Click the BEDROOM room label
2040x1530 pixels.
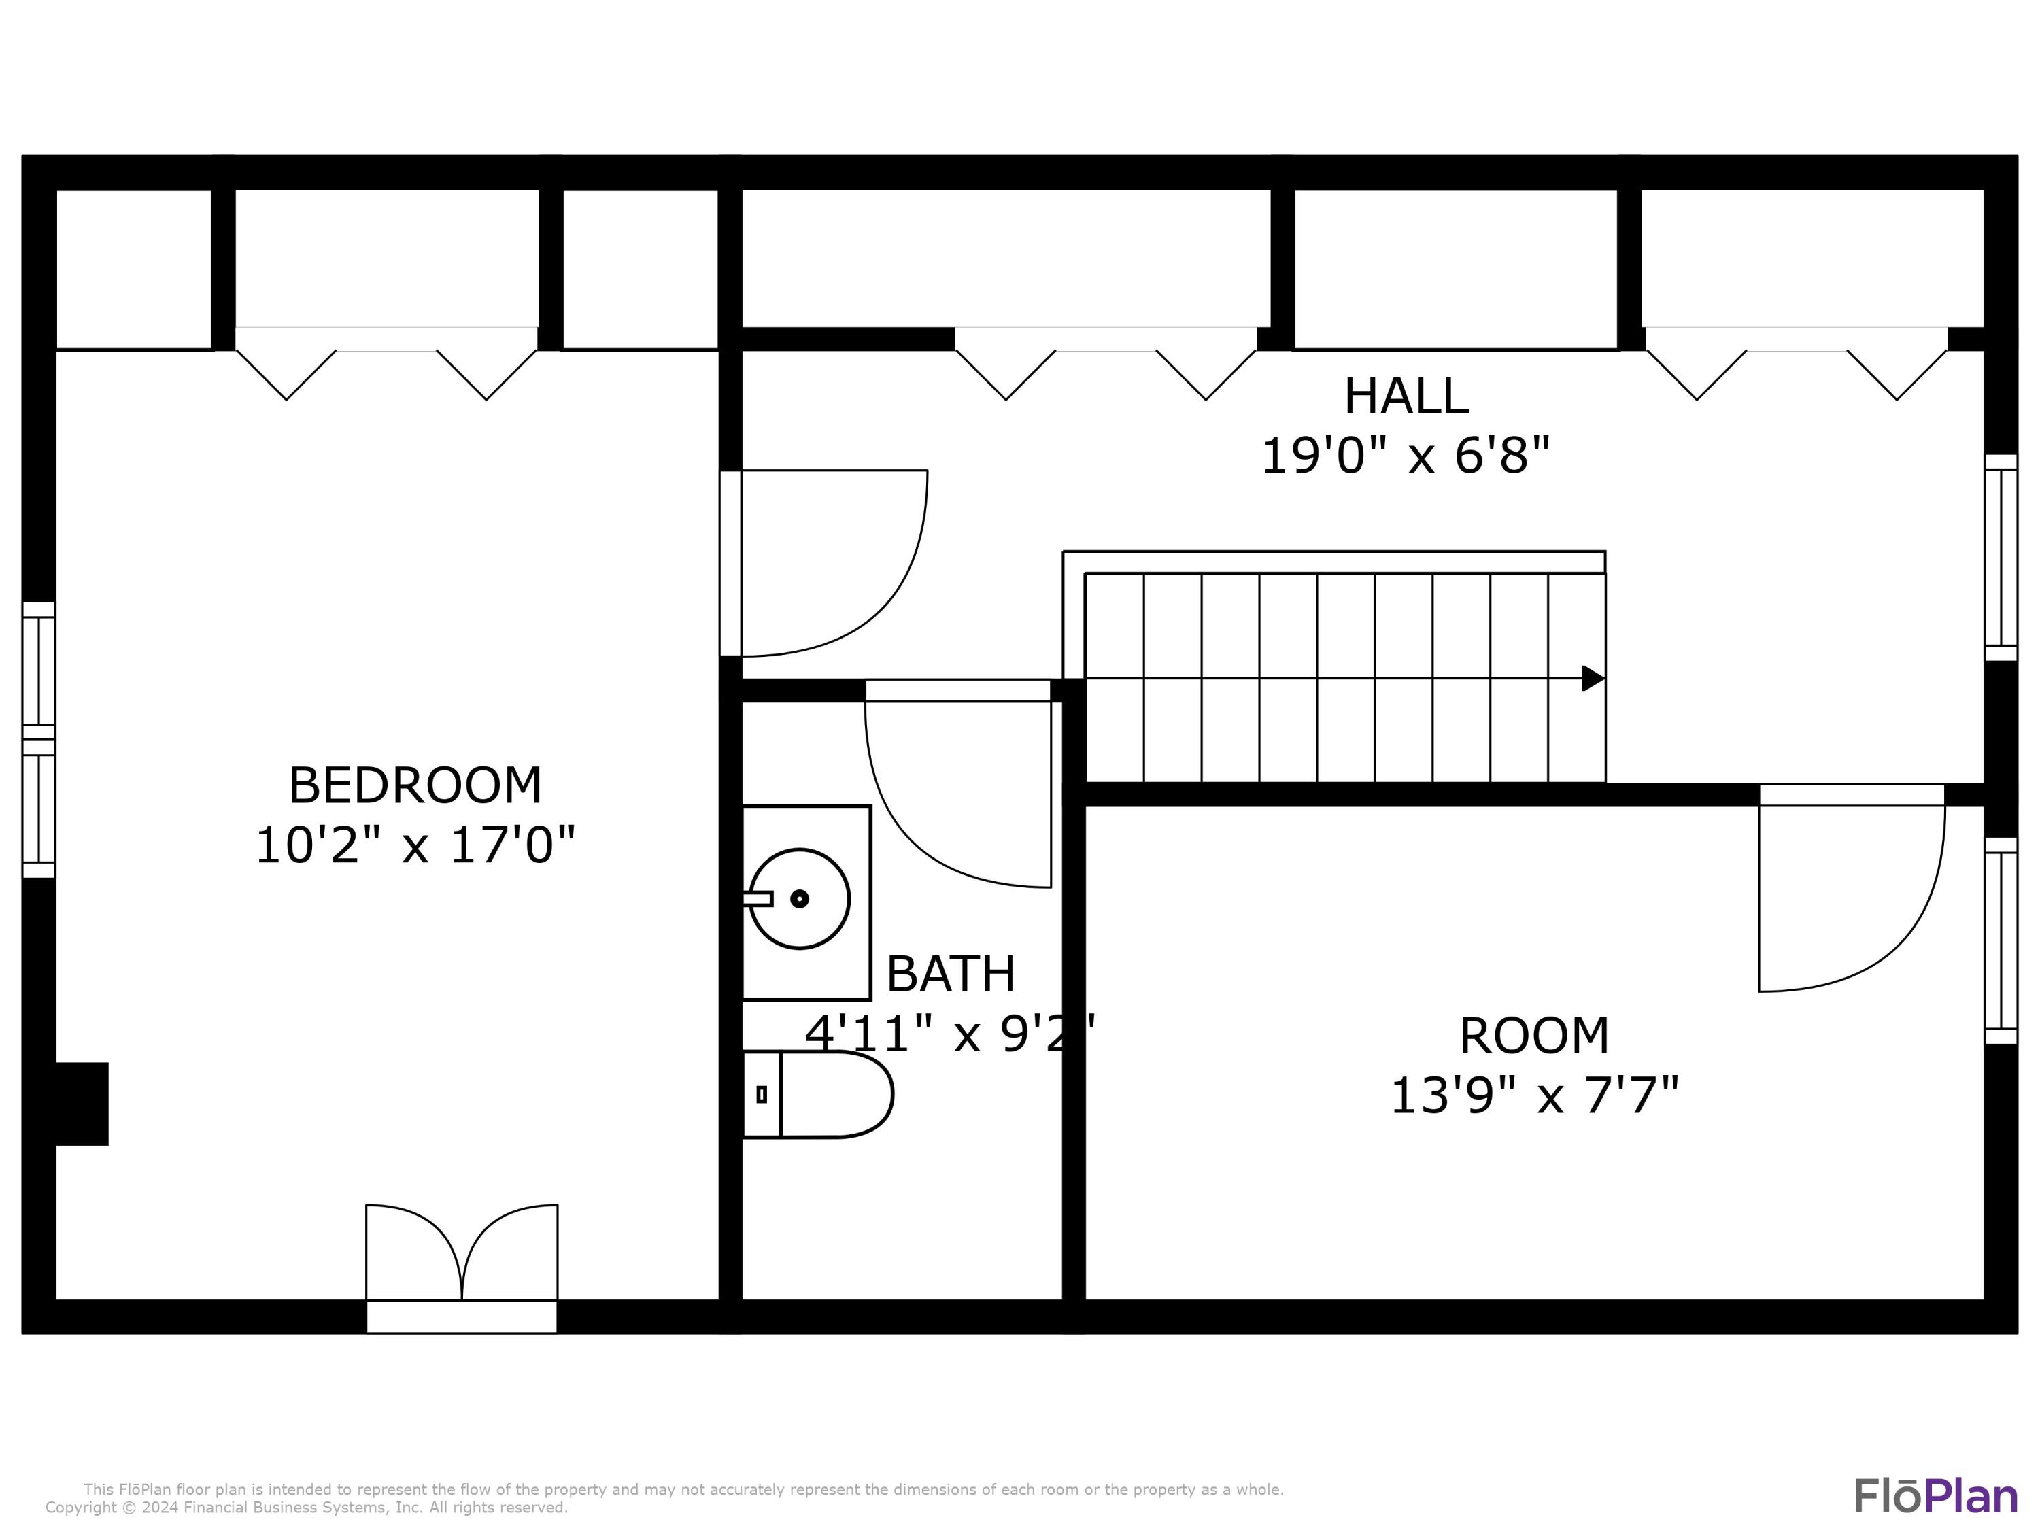[x=415, y=786]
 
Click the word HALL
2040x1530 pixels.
[x=1406, y=396]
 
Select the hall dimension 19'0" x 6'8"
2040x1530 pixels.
[x=1406, y=456]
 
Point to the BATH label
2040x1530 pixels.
[x=950, y=974]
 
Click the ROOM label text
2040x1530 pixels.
[x=1533, y=1036]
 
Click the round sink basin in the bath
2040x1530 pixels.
[x=799, y=898]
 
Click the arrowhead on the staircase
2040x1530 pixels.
[x=1593, y=678]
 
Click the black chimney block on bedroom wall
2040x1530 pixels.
[x=81, y=1104]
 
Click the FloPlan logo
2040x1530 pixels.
[x=1935, y=1496]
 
